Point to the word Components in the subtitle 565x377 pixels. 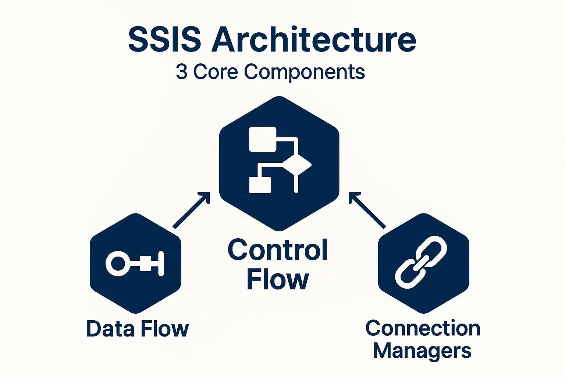[305, 72]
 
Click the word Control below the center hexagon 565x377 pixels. [278, 250]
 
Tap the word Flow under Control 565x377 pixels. [278, 279]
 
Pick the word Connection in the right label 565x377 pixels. [423, 328]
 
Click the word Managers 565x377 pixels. [422, 350]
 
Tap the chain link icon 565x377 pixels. [421, 262]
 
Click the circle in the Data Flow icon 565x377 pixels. [118, 263]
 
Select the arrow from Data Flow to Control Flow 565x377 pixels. [191, 210]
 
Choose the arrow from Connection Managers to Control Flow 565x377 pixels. [367, 210]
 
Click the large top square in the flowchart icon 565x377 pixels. [263, 139]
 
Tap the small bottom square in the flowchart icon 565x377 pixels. [260, 185]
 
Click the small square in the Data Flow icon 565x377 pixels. [146, 264]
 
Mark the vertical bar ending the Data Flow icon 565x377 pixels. [160, 264]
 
